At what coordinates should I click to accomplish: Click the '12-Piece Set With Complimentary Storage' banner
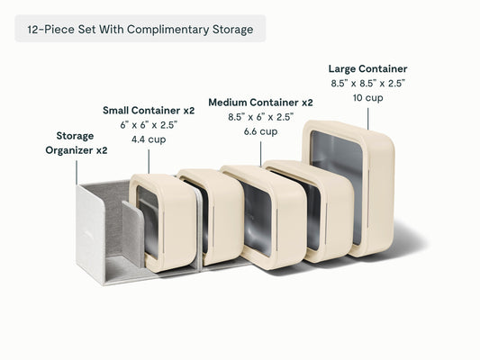point(140,29)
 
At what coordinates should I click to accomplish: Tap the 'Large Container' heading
point(367,68)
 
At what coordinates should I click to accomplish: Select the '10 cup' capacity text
point(367,98)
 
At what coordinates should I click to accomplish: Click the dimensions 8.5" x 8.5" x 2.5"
point(367,84)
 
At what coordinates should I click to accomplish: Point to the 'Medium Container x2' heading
point(260,103)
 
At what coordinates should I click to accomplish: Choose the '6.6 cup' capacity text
point(260,131)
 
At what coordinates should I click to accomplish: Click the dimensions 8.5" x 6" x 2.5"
point(260,117)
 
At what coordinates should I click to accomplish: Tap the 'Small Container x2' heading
point(149,111)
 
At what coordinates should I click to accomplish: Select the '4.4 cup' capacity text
point(149,139)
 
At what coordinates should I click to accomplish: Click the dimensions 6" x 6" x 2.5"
point(149,125)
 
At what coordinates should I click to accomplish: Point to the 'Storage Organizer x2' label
point(77,143)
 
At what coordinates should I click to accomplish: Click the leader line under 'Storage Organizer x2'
point(77,173)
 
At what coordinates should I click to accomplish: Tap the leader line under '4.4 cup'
point(149,161)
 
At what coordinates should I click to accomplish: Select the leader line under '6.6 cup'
point(261,154)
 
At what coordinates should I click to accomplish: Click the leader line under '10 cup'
point(368,119)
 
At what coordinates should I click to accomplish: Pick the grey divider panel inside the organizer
point(132,233)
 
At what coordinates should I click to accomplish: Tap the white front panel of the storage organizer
point(91,235)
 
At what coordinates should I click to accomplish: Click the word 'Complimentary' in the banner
point(168,30)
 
